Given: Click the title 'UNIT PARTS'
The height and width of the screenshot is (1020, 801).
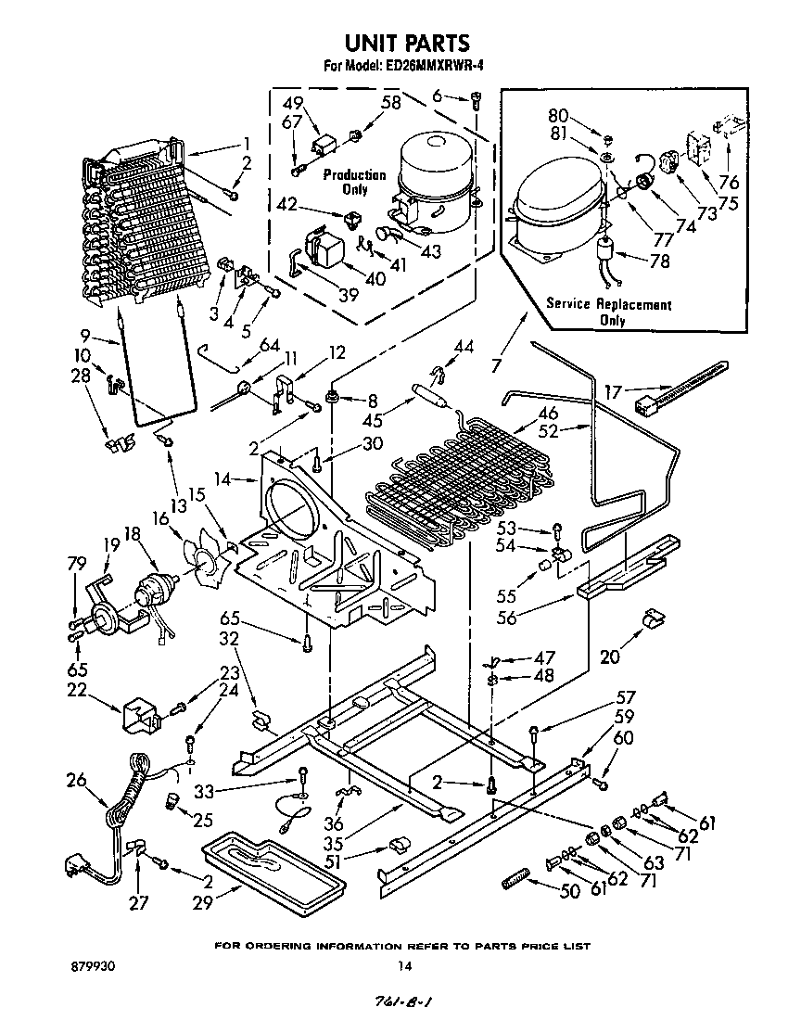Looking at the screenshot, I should point(406,43).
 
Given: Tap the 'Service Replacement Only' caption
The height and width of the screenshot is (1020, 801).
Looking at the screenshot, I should point(609,312).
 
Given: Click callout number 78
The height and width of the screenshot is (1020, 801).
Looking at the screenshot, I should point(659,261).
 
